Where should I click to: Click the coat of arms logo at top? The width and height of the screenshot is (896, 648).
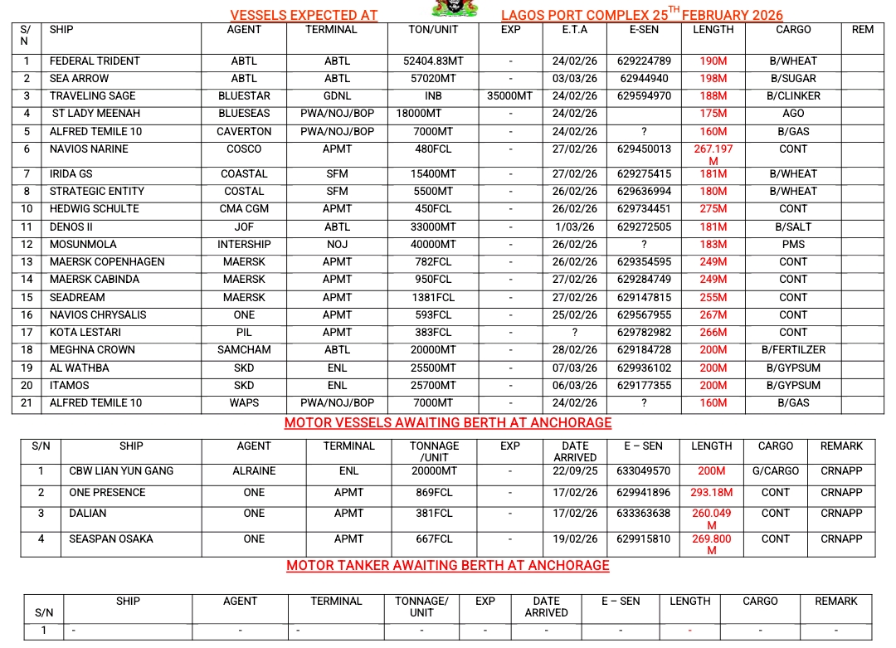(x=455, y=8)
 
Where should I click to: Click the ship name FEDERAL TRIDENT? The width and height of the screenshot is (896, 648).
(x=95, y=61)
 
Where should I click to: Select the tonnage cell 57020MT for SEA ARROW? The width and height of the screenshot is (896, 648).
(x=434, y=79)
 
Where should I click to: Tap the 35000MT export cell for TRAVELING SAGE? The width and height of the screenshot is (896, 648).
(x=510, y=96)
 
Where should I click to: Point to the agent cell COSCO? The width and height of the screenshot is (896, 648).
(x=244, y=149)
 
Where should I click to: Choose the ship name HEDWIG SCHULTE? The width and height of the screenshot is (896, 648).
(x=94, y=209)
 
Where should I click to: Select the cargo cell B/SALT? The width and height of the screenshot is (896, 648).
(x=793, y=227)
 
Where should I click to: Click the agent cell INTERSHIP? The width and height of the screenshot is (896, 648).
(x=244, y=245)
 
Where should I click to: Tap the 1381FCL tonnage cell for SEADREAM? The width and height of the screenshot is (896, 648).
(x=434, y=298)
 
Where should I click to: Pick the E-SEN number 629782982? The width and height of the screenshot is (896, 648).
(x=645, y=333)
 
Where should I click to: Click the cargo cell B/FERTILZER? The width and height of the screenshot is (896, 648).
(x=793, y=350)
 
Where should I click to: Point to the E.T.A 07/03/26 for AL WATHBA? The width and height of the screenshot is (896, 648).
(x=574, y=368)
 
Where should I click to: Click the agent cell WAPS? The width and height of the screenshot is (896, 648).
(x=244, y=403)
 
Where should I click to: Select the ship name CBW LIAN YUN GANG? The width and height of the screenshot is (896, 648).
(x=121, y=471)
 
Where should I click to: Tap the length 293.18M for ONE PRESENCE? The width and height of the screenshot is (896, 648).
(x=712, y=493)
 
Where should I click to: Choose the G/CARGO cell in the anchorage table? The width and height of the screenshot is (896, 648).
(x=776, y=471)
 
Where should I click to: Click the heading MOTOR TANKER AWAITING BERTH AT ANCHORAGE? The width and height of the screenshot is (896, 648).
(x=448, y=566)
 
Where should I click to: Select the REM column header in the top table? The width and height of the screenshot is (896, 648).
(x=863, y=30)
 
